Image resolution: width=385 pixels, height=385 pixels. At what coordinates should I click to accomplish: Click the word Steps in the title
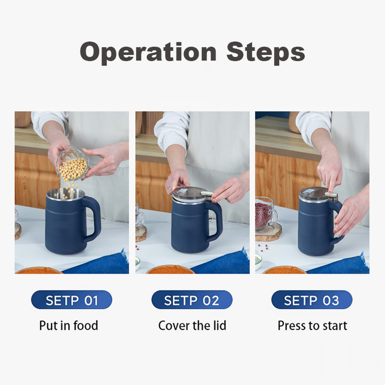(266, 52)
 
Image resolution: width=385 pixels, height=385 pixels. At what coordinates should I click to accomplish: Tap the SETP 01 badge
(72, 300)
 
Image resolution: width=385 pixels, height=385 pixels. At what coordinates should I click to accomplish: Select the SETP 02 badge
(192, 300)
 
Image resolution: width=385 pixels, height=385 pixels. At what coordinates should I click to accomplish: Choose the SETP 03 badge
(311, 300)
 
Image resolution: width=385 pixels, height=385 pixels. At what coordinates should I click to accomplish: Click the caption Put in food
(68, 325)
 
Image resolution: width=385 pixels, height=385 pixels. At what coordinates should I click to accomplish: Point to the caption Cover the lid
(192, 325)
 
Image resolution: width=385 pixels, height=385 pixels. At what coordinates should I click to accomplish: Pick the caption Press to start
(312, 325)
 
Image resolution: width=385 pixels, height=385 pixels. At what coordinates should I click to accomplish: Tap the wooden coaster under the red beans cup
(268, 234)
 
